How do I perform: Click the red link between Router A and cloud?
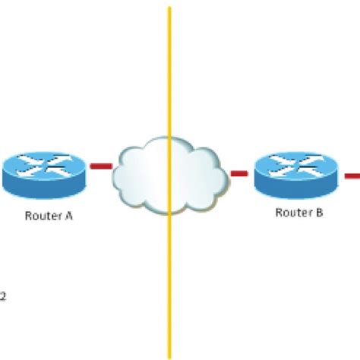(101, 165)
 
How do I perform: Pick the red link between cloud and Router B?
(239, 173)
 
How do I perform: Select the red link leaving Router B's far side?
(352, 176)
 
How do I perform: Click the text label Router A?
(49, 216)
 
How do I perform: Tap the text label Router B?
(299, 213)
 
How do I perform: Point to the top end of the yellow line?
(169, 9)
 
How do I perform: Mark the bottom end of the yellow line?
(169, 355)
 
